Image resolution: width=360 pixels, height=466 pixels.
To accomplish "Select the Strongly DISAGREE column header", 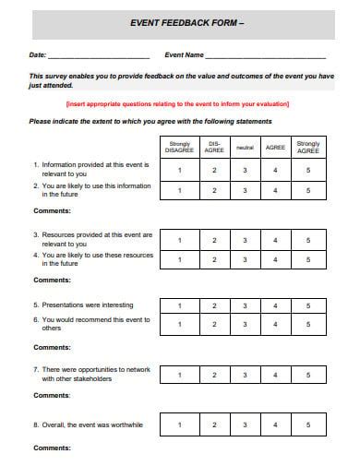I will (180, 146).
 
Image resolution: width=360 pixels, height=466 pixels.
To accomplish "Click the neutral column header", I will (244, 146).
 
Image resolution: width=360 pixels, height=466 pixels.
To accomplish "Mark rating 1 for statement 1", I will (180, 170).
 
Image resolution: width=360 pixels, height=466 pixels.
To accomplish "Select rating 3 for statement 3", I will (244, 240).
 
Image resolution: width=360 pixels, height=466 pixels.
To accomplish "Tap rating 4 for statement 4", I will (275, 259).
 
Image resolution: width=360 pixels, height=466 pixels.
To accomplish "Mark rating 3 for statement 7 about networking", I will (244, 375).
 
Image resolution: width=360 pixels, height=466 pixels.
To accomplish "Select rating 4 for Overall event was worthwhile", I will (275, 424).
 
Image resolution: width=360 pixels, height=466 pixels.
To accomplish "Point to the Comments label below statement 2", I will (52, 210).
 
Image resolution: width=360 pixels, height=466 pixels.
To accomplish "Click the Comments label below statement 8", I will (52, 448).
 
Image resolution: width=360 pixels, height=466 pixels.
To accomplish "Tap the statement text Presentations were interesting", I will (88, 305).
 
